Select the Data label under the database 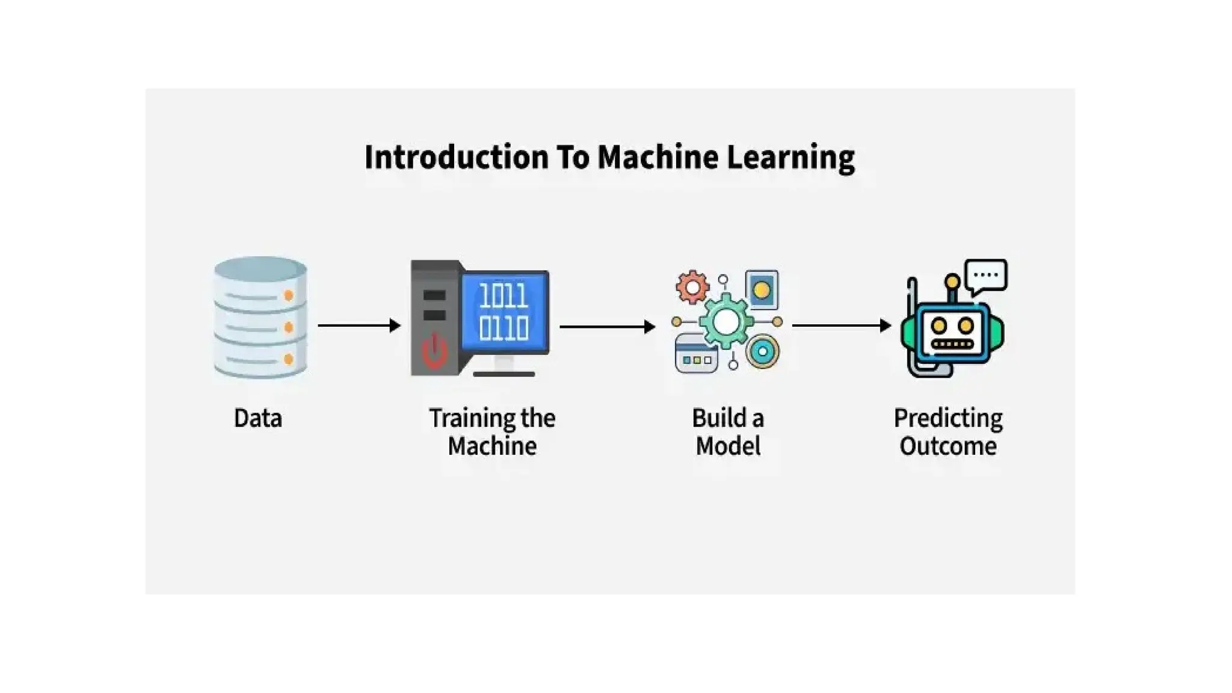[x=257, y=418]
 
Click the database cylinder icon [x=260, y=317]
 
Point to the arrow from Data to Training [x=359, y=325]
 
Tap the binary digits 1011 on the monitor [x=504, y=296]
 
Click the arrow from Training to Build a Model [x=606, y=327]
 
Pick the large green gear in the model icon [x=725, y=322]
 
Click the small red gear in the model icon [x=692, y=287]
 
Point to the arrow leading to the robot [x=841, y=325]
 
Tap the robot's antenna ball [x=952, y=281]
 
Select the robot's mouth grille [x=952, y=345]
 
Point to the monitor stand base [x=504, y=374]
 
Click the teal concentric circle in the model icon [x=762, y=352]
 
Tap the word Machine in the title [x=658, y=158]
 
